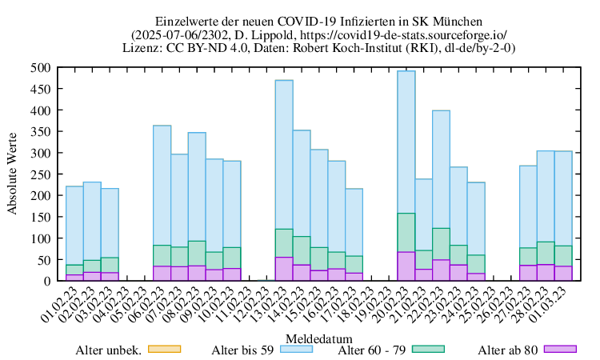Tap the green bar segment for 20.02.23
[406, 232]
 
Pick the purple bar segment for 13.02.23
[284, 269]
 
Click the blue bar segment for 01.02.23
[74, 225]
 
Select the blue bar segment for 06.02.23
[162, 185]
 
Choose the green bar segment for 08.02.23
[197, 254]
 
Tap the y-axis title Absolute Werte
[12, 174]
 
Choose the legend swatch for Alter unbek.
[166, 349]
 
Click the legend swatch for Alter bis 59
[302, 349]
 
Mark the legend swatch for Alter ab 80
[560, 349]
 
